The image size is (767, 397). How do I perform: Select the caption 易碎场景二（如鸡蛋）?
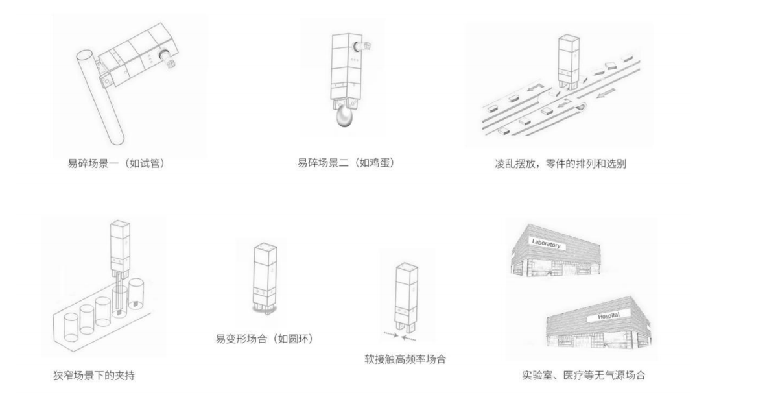[x=346, y=163]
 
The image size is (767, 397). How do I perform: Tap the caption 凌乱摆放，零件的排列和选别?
[x=560, y=164]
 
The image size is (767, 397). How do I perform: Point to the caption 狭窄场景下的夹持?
[x=94, y=375]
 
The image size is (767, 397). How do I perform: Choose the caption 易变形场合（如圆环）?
[x=265, y=338]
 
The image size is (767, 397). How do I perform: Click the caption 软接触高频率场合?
[x=405, y=359]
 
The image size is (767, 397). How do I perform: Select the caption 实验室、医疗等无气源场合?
[x=584, y=375]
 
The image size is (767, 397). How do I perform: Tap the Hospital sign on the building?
[x=604, y=315]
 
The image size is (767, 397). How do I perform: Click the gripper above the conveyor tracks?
[x=566, y=62]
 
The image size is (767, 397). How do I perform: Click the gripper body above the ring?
[x=265, y=272]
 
